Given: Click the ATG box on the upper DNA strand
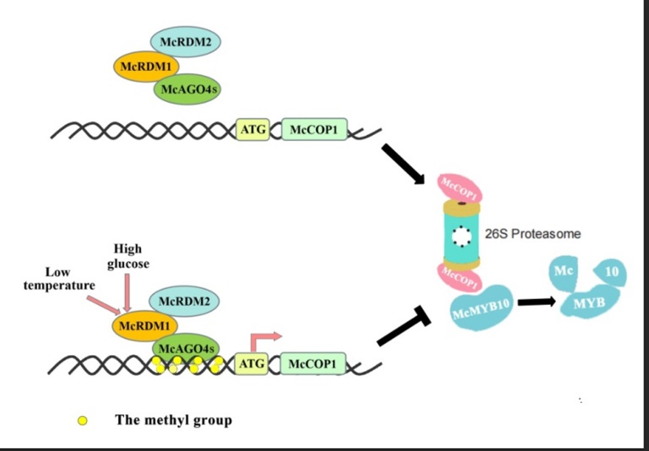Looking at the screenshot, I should point(253,130).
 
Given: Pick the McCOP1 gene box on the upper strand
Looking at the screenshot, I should point(314,130).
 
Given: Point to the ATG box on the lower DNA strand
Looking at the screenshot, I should point(252,364).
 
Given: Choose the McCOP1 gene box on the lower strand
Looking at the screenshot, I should point(313,364).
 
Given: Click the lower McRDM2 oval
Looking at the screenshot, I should point(184,301).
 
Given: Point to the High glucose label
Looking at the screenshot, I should point(128,256).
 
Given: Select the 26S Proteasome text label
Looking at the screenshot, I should point(533,234).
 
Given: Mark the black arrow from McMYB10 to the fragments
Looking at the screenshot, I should point(536,302).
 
